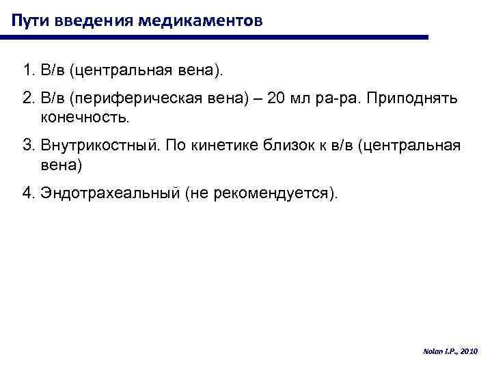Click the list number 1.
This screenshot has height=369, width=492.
25,70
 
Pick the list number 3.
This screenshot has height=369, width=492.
25,146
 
